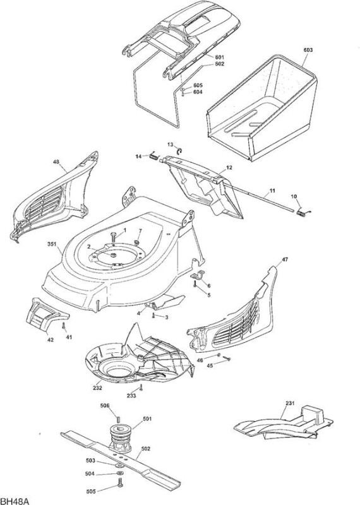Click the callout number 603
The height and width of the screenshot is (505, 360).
[x=308, y=50]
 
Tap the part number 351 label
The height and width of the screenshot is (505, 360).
[x=52, y=244]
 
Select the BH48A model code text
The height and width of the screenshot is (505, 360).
[x=15, y=501]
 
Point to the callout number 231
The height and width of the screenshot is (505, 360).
[x=290, y=403]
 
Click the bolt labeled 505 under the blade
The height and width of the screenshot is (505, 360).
[x=120, y=482]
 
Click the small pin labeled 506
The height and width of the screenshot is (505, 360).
[x=118, y=419]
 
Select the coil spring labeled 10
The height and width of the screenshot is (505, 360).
[x=301, y=213]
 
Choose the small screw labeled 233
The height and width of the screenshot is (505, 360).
[x=141, y=387]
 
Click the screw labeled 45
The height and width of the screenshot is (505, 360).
[x=226, y=358]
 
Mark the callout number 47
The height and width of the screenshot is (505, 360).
[x=285, y=259]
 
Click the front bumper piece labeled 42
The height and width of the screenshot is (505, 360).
[x=45, y=314]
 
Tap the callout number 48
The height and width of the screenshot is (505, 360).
[x=56, y=162]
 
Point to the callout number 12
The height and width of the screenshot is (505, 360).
[x=229, y=168]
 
